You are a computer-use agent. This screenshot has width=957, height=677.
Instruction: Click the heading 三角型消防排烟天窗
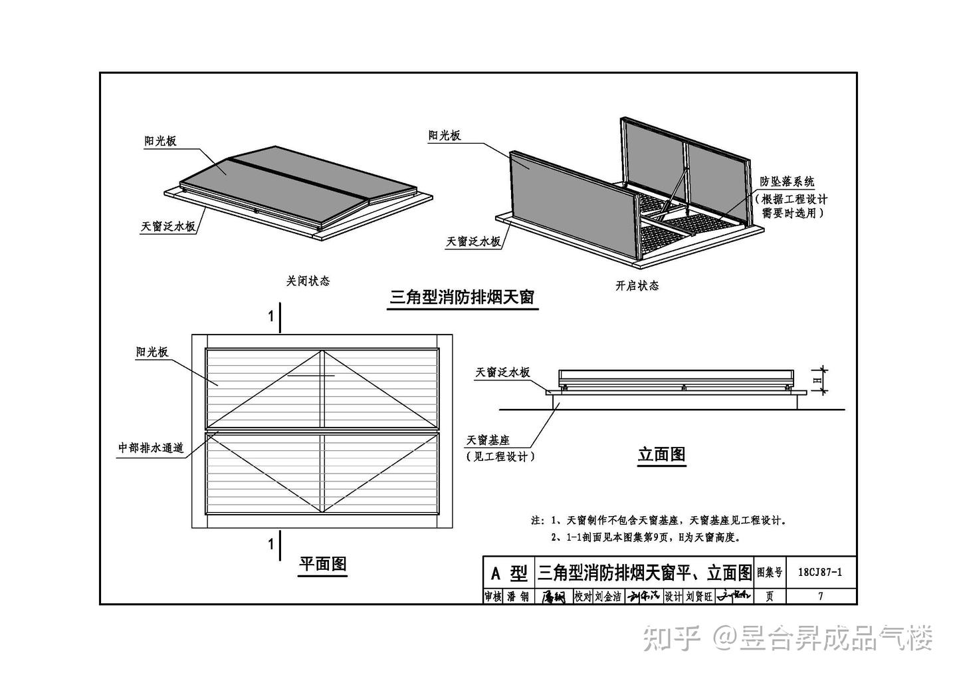(x=462, y=297)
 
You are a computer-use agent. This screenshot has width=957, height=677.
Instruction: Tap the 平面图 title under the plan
(x=322, y=565)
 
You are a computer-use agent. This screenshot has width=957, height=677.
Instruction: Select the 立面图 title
(x=661, y=455)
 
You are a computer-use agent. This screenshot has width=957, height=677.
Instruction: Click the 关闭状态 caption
(x=308, y=281)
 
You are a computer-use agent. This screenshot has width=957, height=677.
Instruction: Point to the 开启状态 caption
(x=637, y=286)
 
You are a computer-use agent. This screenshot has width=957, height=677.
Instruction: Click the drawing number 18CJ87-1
(x=819, y=571)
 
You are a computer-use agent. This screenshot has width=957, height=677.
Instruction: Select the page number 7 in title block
(x=820, y=597)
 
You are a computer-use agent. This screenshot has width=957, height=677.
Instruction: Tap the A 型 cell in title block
(x=508, y=573)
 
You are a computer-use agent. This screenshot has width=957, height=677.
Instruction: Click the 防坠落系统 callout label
(x=788, y=181)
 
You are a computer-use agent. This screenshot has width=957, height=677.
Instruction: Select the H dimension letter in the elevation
(x=817, y=380)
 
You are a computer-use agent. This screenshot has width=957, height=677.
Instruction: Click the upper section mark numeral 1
(x=270, y=317)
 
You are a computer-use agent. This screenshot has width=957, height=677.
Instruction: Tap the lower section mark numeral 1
(x=270, y=545)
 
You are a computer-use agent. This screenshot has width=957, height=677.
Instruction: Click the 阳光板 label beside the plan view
(x=152, y=352)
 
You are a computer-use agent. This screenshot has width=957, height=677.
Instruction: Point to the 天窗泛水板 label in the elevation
(x=502, y=372)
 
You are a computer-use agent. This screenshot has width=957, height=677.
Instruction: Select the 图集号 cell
(x=769, y=572)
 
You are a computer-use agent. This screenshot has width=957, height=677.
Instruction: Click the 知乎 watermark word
(x=671, y=638)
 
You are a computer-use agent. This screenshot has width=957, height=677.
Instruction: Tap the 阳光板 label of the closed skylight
(x=161, y=141)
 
